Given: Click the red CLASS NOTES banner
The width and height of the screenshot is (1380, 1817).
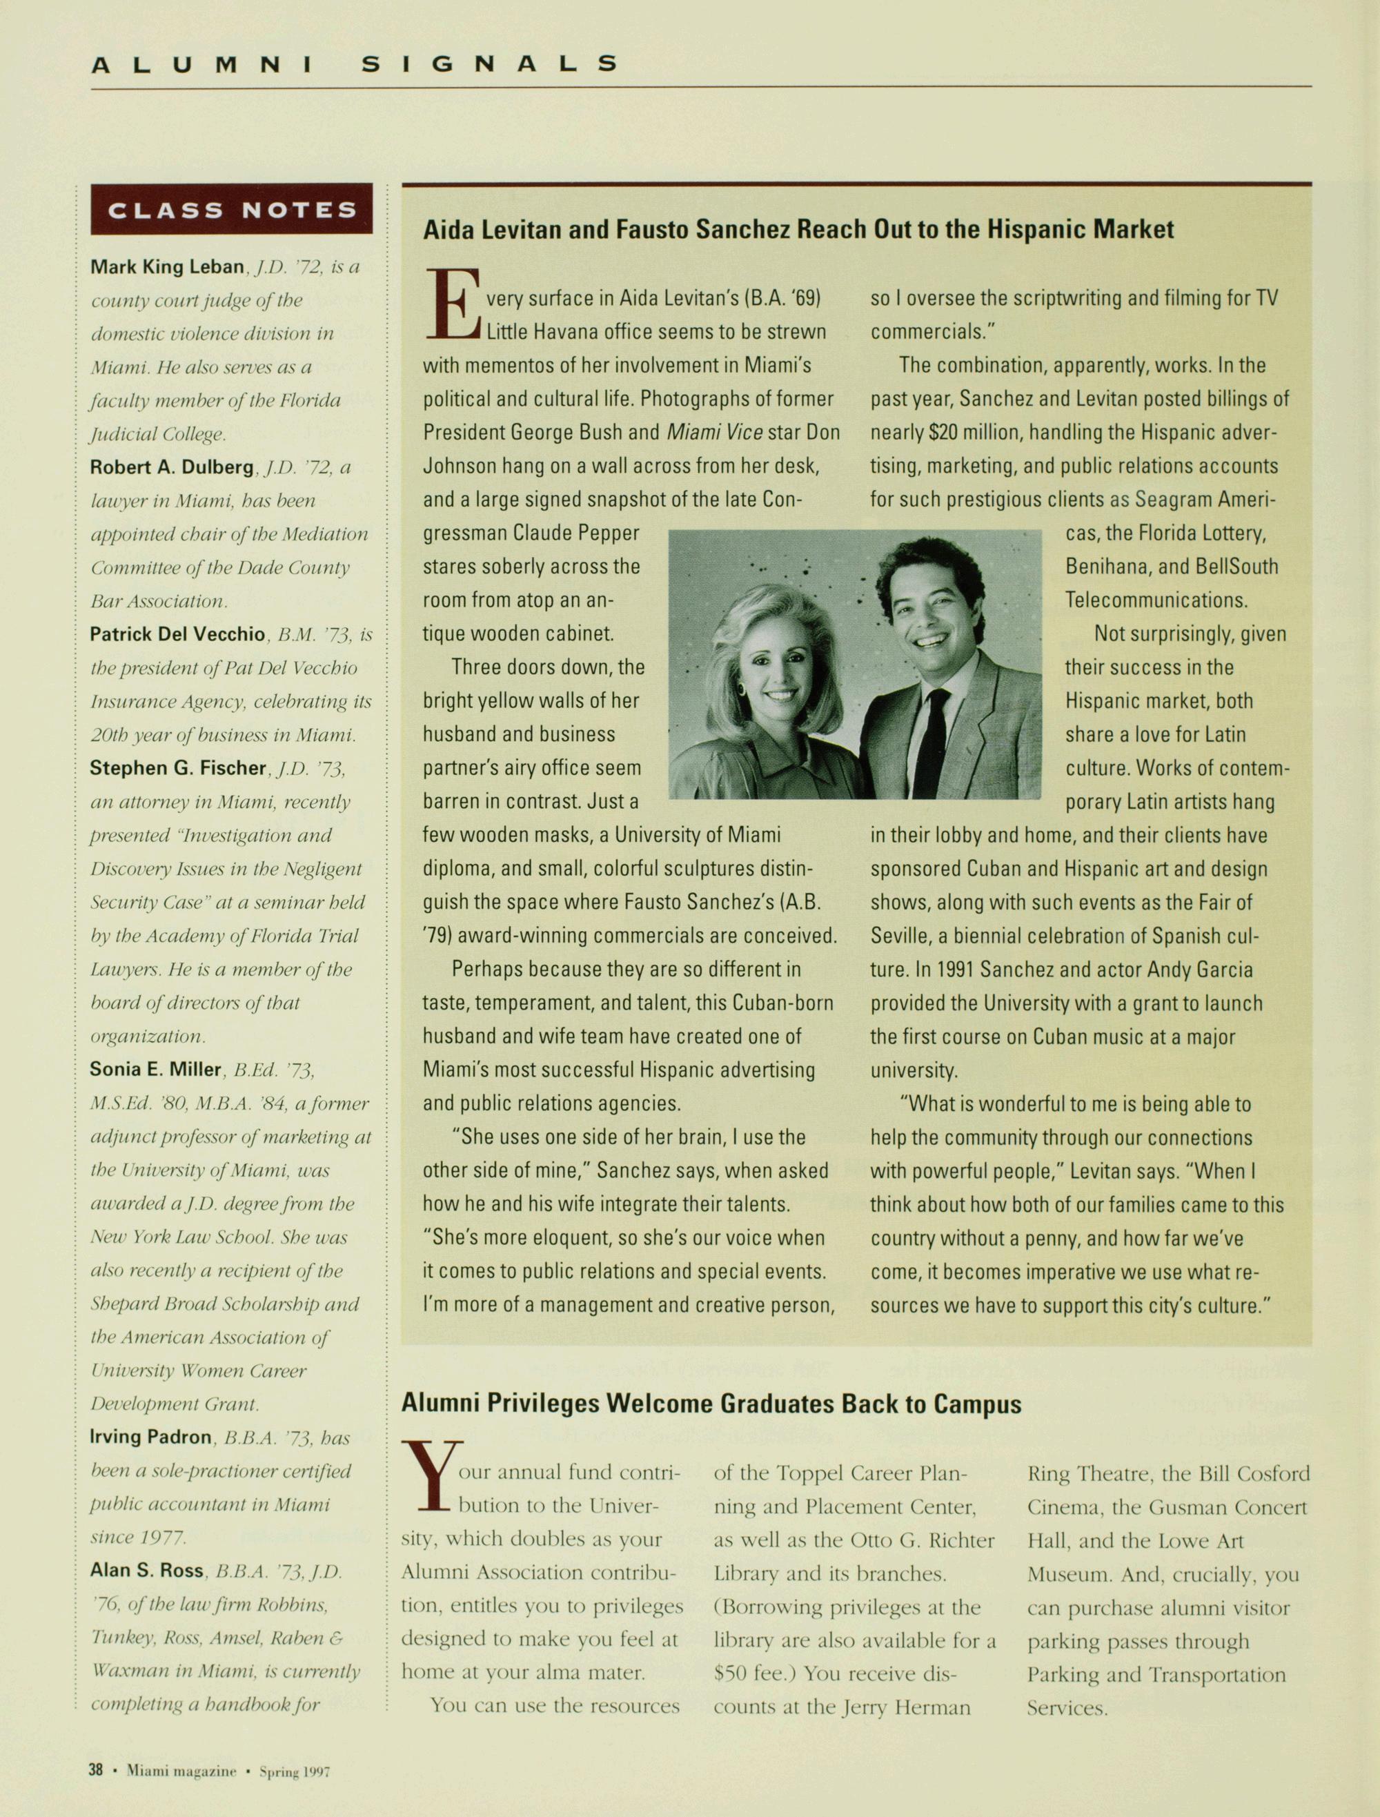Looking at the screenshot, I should pos(232,210).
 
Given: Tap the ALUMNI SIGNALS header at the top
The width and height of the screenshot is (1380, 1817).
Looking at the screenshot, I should pos(353,64).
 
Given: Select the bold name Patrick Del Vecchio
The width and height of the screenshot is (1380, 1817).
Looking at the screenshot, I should pos(177,634).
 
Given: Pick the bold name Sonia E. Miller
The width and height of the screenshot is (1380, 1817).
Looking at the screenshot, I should pos(156,1069).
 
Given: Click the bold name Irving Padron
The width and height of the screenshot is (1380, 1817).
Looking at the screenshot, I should pos(150,1437).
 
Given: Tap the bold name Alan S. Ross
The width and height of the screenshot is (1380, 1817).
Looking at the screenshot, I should pos(147,1570).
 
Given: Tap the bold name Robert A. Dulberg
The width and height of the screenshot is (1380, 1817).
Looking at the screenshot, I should pos(172,466).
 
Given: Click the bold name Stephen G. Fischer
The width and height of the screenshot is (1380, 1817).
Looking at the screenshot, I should pos(178,767).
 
